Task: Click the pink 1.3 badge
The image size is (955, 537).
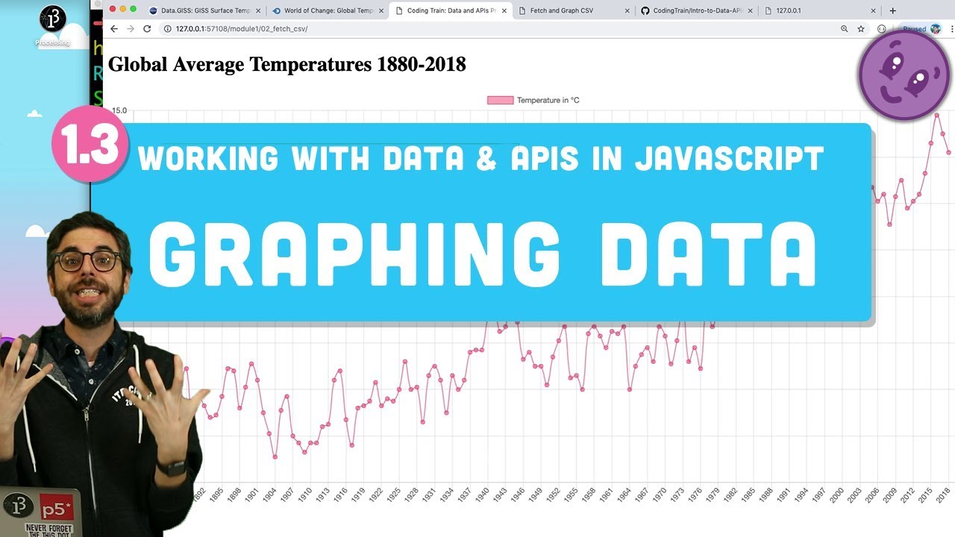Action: click(x=87, y=145)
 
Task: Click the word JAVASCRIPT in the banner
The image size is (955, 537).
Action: click(x=729, y=158)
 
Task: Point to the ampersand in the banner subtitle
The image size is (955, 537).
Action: click(x=486, y=158)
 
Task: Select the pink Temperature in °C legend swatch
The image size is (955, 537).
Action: click(x=500, y=100)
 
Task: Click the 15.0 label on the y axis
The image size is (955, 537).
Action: click(x=119, y=110)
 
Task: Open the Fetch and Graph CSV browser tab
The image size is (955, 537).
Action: click(x=561, y=10)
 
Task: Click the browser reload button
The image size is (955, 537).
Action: click(x=147, y=28)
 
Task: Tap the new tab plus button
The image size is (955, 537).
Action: click(x=892, y=10)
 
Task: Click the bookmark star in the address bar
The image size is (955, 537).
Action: click(x=861, y=28)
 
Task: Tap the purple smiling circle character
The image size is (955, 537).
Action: click(x=904, y=75)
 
